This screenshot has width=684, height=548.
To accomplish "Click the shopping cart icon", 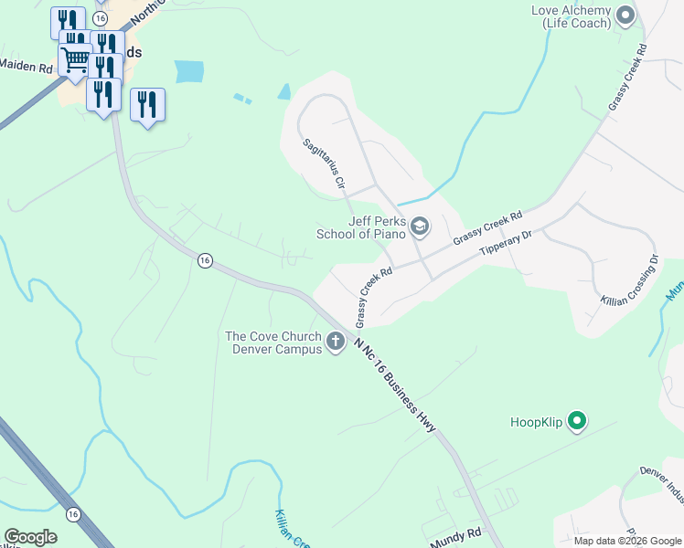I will (74, 61).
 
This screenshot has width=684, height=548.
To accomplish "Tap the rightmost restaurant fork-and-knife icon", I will (147, 104).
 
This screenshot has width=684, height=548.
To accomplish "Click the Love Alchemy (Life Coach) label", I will (572, 16).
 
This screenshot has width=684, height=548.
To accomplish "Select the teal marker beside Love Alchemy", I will (626, 15).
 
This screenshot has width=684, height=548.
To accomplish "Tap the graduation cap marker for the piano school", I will (420, 226).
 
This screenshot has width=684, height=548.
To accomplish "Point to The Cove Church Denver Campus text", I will (273, 342).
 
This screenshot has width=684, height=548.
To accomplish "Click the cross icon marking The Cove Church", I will (336, 342).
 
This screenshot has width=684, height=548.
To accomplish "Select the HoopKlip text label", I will (537, 422).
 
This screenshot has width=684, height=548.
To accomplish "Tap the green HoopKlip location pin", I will (577, 421).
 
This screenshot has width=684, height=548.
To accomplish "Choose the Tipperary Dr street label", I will (505, 244).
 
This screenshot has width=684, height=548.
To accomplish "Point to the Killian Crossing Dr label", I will (629, 280).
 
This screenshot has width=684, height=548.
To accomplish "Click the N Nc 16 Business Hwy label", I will (396, 385).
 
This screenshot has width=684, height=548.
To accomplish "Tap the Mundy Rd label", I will (462, 532).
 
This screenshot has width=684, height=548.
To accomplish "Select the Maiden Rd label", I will (26, 66).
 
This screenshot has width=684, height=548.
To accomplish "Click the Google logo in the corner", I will (30, 536).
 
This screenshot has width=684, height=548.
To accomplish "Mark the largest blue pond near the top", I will (188, 70).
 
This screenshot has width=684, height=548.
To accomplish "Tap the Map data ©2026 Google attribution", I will (626, 541).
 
